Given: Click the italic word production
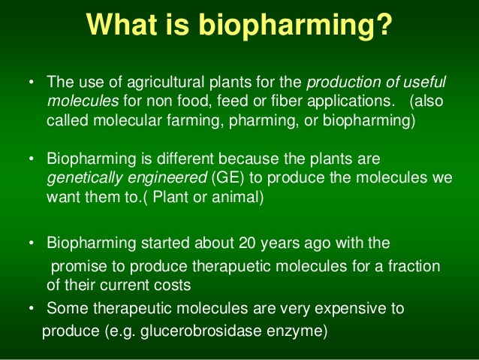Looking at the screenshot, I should click(342, 82).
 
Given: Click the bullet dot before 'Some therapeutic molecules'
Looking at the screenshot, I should click(32, 309).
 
